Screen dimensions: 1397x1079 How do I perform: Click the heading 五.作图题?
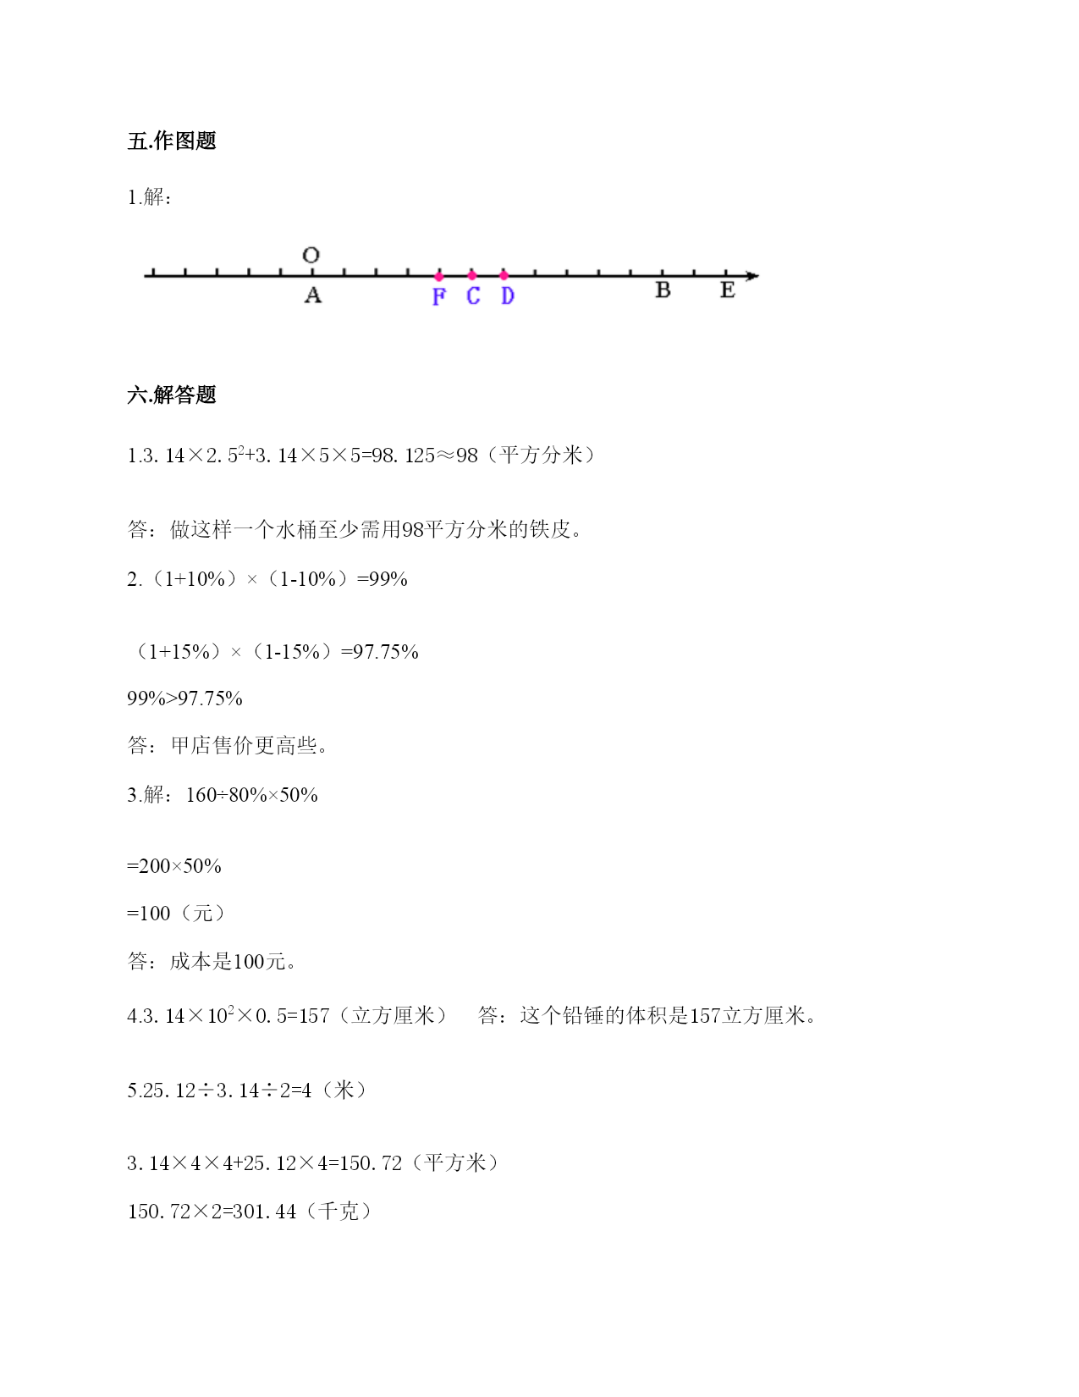click(172, 141)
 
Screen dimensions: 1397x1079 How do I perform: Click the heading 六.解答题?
click(172, 395)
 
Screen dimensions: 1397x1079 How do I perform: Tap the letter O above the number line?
click(311, 255)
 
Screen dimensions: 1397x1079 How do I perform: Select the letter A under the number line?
click(313, 295)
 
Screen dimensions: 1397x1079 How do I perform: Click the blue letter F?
click(438, 296)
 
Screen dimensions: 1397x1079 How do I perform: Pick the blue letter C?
click(473, 296)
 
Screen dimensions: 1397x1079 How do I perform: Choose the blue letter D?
click(507, 296)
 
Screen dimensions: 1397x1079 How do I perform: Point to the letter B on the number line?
click(663, 290)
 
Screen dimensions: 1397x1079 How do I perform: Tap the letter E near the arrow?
click(727, 290)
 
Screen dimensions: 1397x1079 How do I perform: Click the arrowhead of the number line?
click(752, 275)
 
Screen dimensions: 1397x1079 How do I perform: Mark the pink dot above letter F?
click(438, 276)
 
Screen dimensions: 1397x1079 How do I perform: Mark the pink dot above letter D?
click(504, 275)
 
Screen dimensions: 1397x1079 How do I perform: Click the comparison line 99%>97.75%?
click(184, 698)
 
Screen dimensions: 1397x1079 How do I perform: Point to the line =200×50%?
click(174, 866)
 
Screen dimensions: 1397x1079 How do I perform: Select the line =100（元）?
click(176, 914)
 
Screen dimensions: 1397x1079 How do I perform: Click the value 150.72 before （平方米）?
click(371, 1163)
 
